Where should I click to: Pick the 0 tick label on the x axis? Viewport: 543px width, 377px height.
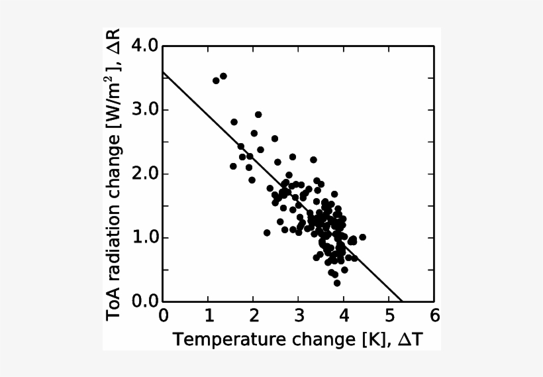tap(164, 315)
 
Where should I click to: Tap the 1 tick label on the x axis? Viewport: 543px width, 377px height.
tap(209, 315)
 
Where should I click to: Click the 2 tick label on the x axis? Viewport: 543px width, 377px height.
tap(254, 315)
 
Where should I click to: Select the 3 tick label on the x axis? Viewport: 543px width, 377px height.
tap(299, 315)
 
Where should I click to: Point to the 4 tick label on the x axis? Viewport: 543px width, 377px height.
tap(344, 315)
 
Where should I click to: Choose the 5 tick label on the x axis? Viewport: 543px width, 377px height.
tap(389, 315)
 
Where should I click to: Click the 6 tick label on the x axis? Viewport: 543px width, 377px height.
tap(434, 315)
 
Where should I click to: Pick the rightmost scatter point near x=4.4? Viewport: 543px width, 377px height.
tap(362, 237)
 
